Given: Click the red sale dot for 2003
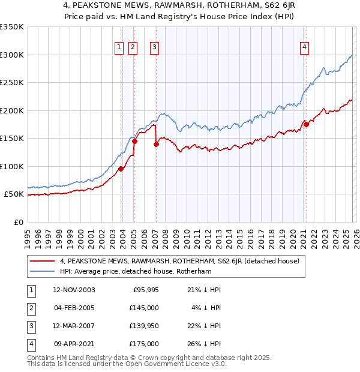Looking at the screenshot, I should click(121, 169).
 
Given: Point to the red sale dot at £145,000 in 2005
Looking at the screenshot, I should click(134, 142).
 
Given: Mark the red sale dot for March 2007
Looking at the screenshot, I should click(157, 144).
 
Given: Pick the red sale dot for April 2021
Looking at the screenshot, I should click(306, 124).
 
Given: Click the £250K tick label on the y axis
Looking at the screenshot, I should click(12, 83).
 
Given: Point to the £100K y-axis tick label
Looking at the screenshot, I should click(12, 166).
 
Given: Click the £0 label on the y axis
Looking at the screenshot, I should click(18, 222).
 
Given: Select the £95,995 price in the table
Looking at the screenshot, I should click(145, 290).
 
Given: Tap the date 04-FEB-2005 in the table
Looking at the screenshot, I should click(74, 307).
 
